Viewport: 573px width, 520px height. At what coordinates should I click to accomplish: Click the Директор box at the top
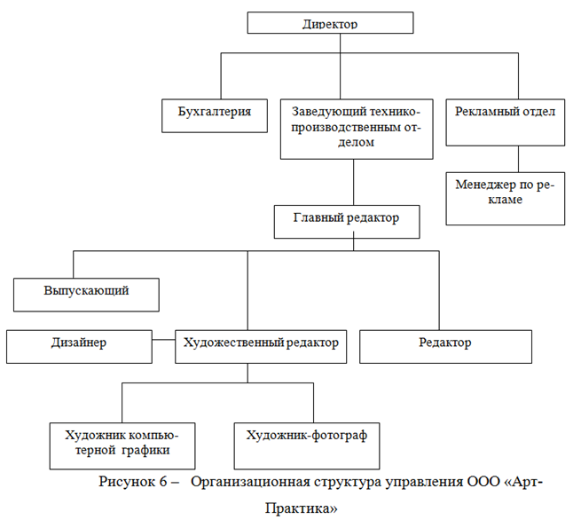click(x=330, y=23)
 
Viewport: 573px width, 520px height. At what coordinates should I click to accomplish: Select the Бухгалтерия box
click(x=215, y=115)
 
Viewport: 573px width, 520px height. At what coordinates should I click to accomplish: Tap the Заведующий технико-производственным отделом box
click(x=357, y=129)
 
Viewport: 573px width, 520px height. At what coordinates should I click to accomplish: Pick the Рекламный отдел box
click(x=505, y=122)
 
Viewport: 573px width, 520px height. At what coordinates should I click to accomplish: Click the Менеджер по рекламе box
click(x=505, y=199)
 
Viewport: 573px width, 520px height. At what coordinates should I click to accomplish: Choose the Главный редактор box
click(x=347, y=222)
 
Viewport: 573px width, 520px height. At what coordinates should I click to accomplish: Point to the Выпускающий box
click(x=86, y=295)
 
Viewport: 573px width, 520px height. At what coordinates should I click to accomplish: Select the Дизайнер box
click(x=79, y=347)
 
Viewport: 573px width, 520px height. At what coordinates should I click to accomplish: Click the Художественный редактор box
click(x=261, y=347)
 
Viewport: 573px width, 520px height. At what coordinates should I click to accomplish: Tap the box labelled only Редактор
click(x=445, y=347)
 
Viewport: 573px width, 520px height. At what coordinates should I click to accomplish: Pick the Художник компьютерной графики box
click(x=122, y=446)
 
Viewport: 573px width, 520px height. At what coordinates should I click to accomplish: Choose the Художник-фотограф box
click(x=307, y=446)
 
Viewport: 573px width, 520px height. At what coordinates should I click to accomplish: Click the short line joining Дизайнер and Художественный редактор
click(x=163, y=340)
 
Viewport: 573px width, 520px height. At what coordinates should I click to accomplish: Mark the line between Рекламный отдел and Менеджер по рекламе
click(x=518, y=159)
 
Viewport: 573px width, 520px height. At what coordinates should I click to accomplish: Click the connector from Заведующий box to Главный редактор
click(x=353, y=182)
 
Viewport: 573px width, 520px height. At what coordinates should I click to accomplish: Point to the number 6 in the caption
click(x=163, y=482)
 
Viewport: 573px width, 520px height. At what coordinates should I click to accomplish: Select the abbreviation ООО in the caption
click(x=483, y=482)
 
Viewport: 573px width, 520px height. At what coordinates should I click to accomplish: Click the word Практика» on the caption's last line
click(x=302, y=508)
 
